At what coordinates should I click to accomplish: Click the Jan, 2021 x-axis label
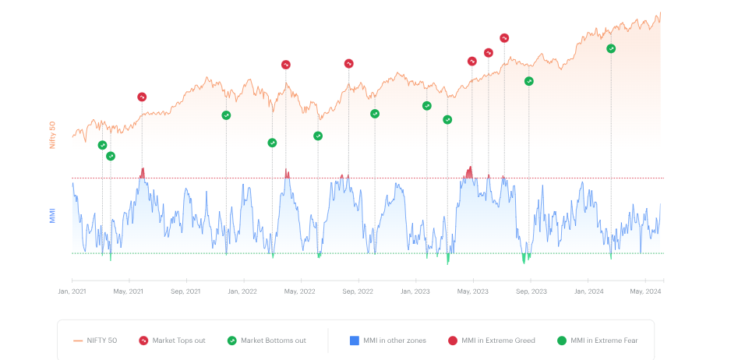(72, 291)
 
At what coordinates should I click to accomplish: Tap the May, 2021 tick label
(129, 291)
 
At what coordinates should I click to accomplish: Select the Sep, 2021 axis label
(185, 291)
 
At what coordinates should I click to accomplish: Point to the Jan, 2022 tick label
(242, 291)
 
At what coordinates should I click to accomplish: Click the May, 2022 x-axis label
(300, 291)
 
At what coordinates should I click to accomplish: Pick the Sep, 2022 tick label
(358, 291)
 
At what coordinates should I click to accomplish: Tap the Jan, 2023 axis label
(415, 291)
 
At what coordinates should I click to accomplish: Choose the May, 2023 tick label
(472, 291)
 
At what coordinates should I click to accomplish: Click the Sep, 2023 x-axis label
(530, 291)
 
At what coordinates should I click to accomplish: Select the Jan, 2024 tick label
(588, 291)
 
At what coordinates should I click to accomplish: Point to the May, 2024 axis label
(644, 291)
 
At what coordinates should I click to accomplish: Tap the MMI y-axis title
(53, 215)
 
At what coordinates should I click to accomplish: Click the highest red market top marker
(504, 38)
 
